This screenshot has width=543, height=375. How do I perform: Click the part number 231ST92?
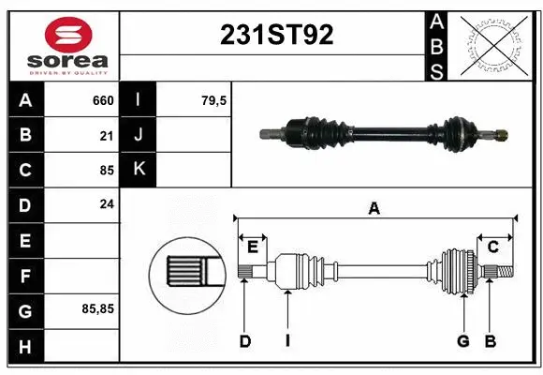point(275,36)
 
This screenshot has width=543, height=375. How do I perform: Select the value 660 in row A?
point(102,100)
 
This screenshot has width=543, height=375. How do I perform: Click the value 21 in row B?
point(106,136)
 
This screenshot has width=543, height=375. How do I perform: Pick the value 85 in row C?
point(106,171)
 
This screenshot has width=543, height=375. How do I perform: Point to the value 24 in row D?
point(106,203)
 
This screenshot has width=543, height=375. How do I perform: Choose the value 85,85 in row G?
point(98,307)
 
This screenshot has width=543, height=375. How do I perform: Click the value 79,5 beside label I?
point(214,100)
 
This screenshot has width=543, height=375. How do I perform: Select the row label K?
point(139,169)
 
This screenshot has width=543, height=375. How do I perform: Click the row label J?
point(139,135)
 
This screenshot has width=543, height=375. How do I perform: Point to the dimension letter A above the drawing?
point(374,209)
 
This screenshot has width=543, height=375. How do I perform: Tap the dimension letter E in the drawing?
point(253,246)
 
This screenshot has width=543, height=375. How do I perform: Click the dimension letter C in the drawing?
point(492,246)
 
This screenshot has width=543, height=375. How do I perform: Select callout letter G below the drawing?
point(462,341)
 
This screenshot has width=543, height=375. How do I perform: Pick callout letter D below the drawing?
point(244,341)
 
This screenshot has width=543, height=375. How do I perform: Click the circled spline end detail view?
point(186,273)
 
